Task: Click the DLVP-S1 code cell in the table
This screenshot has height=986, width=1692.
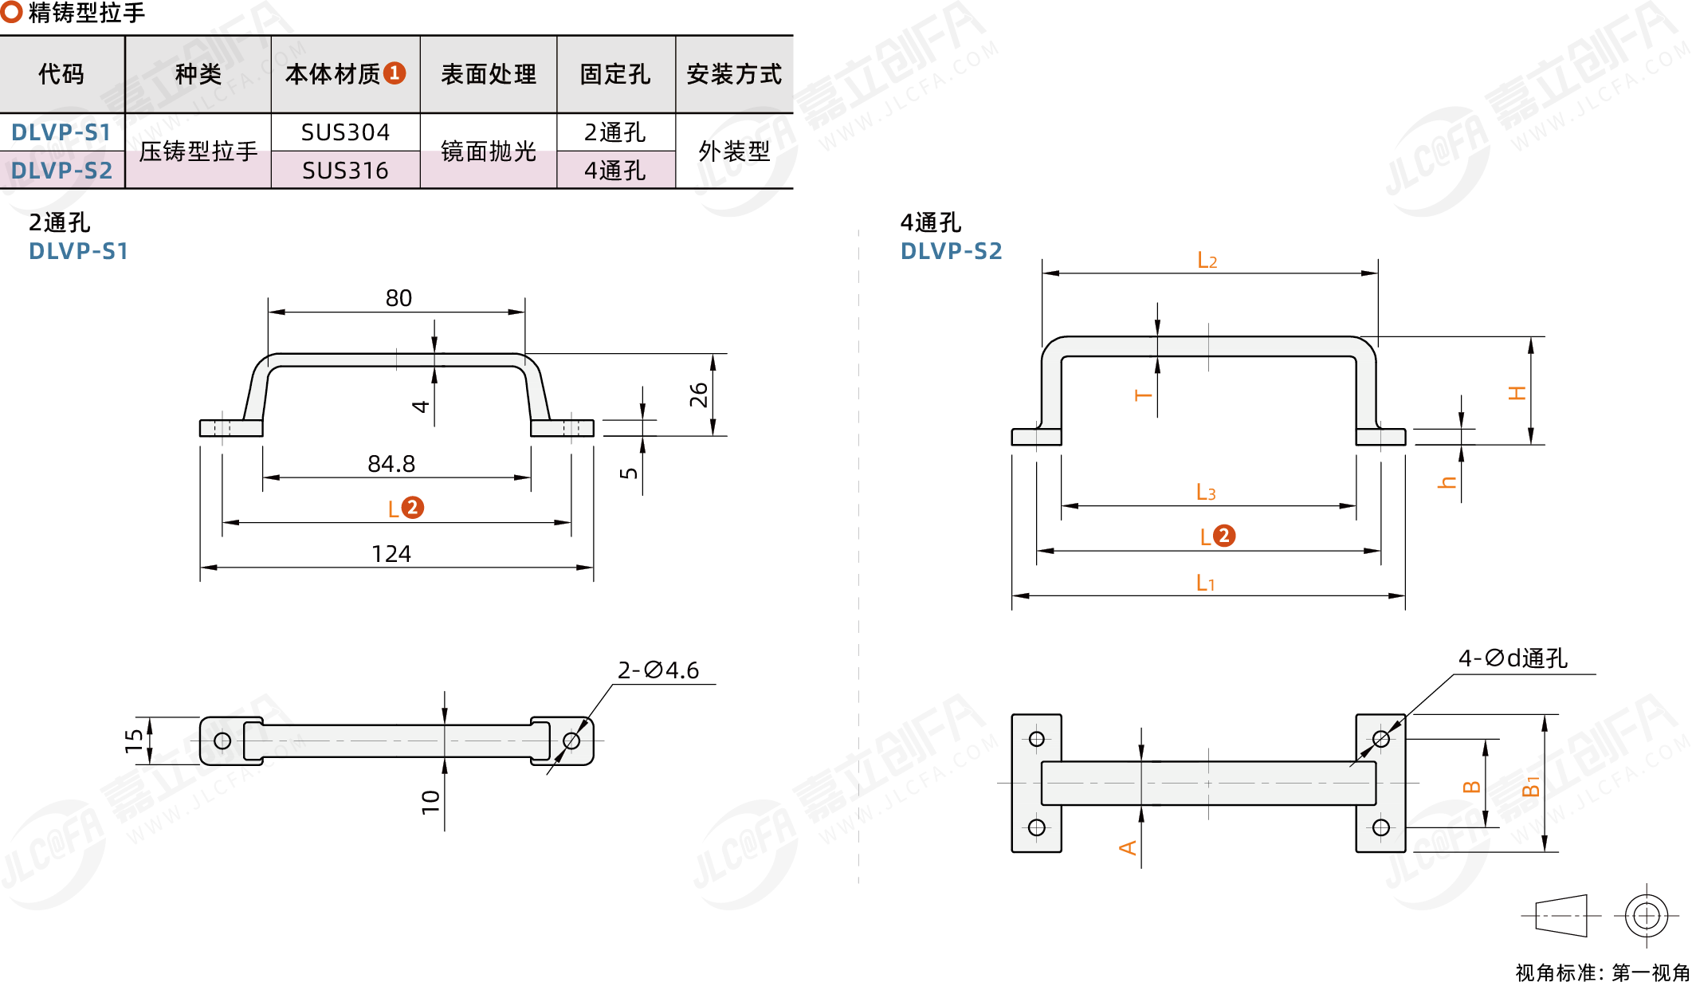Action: [x=61, y=132]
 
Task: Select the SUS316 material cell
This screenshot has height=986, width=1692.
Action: [x=345, y=171]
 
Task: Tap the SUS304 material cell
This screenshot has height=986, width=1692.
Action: [x=345, y=132]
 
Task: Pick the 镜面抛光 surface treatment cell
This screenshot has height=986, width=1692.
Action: [x=488, y=151]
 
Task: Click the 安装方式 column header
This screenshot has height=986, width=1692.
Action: [x=733, y=74]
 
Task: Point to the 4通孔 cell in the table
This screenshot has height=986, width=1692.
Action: [x=614, y=171]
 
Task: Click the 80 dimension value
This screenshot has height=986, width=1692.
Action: [x=398, y=298]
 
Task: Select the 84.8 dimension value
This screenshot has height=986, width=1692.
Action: [x=391, y=464]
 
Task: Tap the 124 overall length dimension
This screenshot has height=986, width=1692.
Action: [x=391, y=554]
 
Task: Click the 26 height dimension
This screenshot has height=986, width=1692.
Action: [x=699, y=395]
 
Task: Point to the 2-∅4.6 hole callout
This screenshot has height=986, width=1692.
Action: [x=658, y=670]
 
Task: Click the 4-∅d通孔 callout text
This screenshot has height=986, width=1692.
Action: [x=1513, y=658]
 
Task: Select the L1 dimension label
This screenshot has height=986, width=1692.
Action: [x=1205, y=583]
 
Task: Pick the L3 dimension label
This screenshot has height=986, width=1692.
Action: [x=1206, y=493]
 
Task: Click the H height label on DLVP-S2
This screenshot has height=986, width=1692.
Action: [x=1517, y=393]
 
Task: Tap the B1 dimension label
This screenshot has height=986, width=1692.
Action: [x=1530, y=786]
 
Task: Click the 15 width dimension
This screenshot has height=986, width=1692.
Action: [x=134, y=740]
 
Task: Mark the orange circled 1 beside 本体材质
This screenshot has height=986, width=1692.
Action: [x=395, y=73]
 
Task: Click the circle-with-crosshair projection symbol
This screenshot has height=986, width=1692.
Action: [x=1646, y=915]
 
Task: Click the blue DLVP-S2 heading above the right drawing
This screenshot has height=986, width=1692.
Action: [x=951, y=251]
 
